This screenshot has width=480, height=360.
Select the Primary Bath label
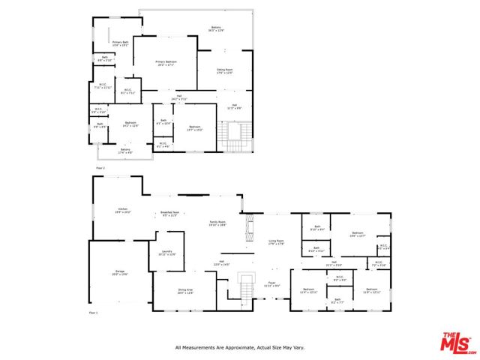[x=110, y=43]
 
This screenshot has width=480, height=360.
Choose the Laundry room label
[x=166, y=253]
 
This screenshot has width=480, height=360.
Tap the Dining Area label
[x=185, y=291]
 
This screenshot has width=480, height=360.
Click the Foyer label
[x=271, y=283]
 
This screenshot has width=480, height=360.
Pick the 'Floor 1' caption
[x=94, y=312]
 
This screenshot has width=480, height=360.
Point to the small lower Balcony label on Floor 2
[x=126, y=150]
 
